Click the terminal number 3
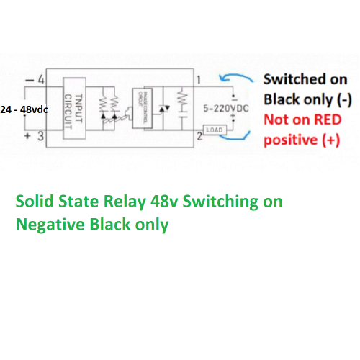pyautogui.click(x=41, y=135)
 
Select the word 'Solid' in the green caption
pyautogui.click(x=34, y=202)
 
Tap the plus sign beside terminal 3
pyautogui.click(x=29, y=135)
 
